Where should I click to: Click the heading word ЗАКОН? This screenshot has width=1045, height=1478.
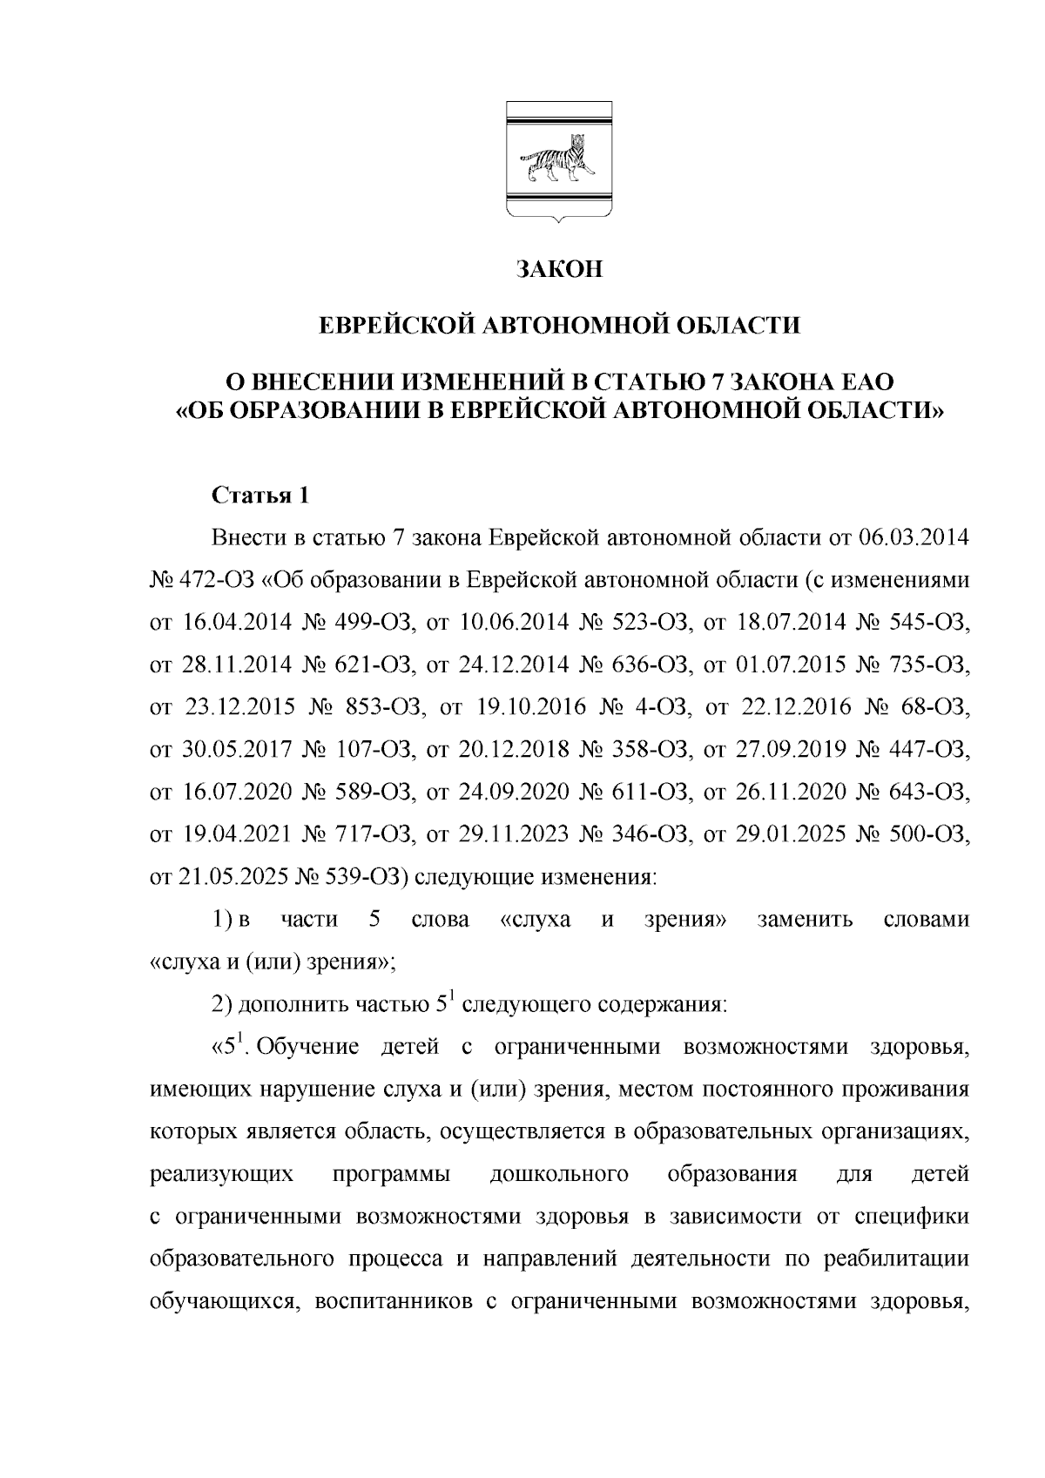coord(557,269)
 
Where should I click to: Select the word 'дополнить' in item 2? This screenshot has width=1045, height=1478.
coord(293,1004)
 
